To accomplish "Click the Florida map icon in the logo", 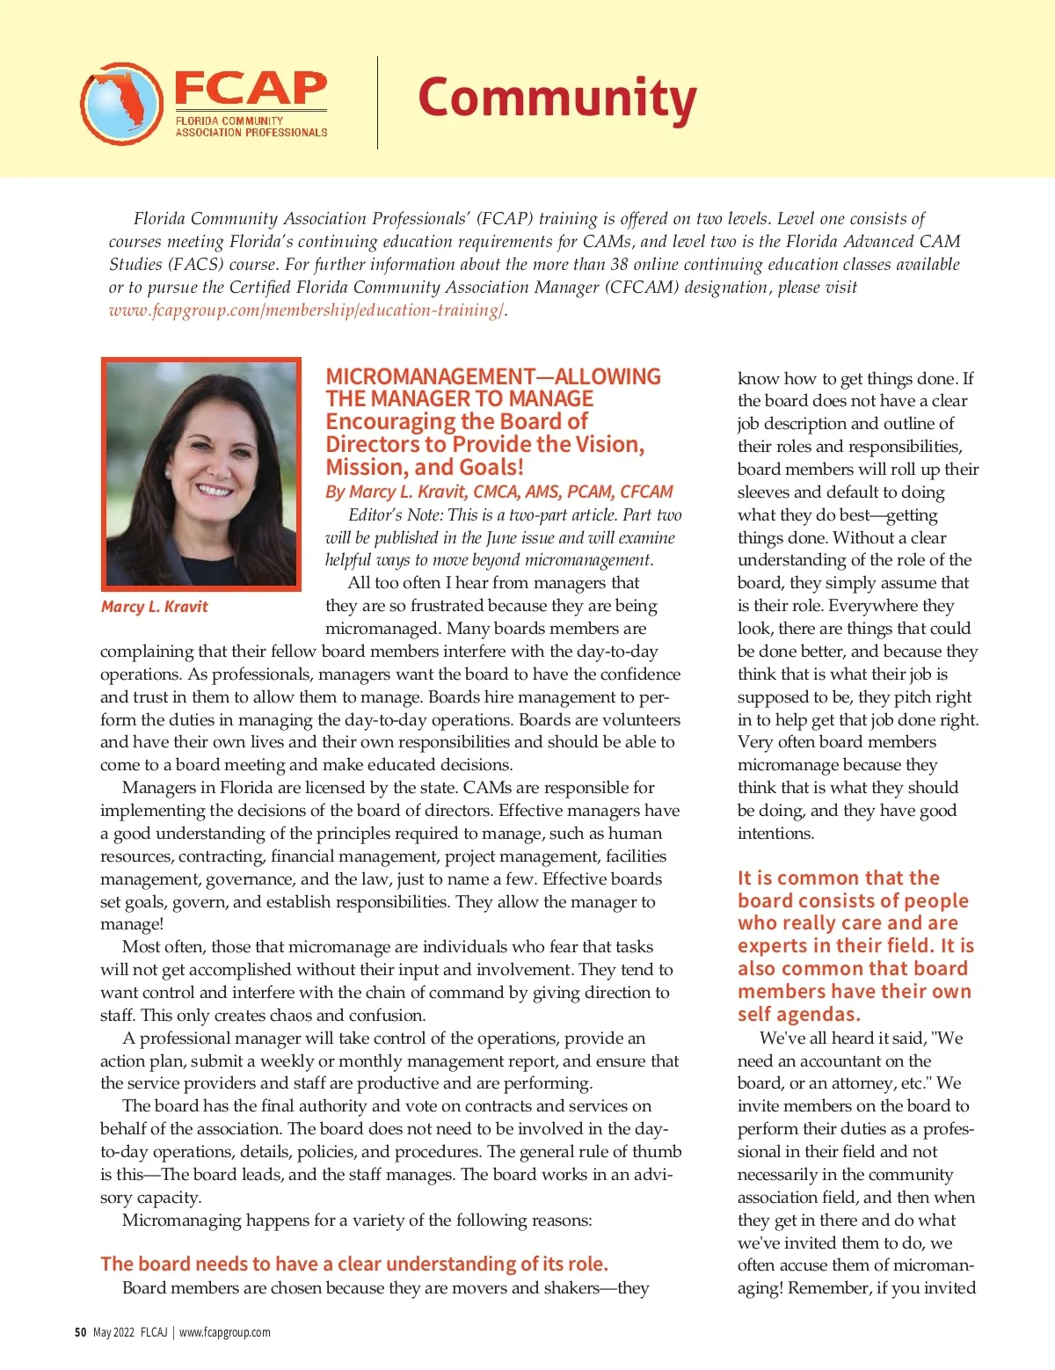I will [121, 104].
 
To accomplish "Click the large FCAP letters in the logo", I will [251, 89].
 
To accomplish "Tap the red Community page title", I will [557, 98].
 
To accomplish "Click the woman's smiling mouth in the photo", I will [214, 489].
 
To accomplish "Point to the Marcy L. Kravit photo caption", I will [155, 607].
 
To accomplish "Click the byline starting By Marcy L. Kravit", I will [498, 492].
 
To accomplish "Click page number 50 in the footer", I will [80, 1332].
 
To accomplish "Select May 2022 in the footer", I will [113, 1332].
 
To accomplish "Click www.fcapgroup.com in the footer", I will [225, 1332].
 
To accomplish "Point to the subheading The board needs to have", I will [353, 1264].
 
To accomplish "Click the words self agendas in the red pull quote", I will [798, 1015].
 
